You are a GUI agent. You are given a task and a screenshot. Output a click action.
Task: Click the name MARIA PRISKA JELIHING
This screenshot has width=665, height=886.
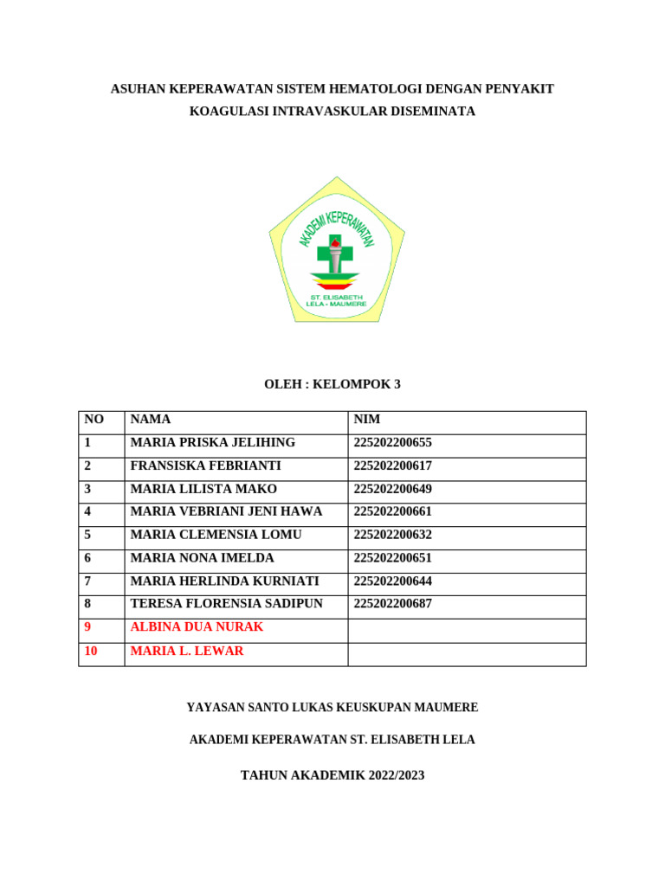212,443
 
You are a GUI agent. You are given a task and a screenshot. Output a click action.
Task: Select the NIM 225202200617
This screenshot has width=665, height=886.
392,465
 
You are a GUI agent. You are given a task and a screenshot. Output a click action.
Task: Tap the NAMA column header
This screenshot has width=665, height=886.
150,420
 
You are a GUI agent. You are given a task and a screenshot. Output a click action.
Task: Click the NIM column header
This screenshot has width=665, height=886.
367,420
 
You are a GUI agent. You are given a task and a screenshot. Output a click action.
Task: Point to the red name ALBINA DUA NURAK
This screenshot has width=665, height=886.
197,627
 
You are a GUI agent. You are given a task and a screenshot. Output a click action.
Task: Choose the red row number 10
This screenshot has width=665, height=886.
92,651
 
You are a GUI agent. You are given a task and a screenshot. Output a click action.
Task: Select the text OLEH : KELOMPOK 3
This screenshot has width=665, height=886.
332,385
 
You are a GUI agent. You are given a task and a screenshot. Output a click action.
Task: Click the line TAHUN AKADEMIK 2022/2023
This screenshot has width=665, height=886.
332,775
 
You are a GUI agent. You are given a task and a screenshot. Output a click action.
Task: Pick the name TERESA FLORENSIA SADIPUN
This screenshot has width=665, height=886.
226,604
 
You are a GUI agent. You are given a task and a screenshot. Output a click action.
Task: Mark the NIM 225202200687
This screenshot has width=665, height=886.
392,604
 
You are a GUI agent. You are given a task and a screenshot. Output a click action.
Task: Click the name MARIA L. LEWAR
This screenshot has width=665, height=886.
187,651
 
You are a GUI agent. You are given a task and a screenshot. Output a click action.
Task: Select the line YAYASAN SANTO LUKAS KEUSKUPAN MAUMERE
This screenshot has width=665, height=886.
332,708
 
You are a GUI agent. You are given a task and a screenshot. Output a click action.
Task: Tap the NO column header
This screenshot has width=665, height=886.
94,420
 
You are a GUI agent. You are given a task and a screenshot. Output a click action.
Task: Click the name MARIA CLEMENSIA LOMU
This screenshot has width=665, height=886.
216,535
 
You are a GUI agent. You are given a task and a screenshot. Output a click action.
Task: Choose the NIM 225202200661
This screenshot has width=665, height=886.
392,511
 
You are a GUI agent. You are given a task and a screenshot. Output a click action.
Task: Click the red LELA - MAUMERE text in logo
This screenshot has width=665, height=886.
337,304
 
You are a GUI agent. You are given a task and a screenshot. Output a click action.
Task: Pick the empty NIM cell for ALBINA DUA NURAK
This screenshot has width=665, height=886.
467,627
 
